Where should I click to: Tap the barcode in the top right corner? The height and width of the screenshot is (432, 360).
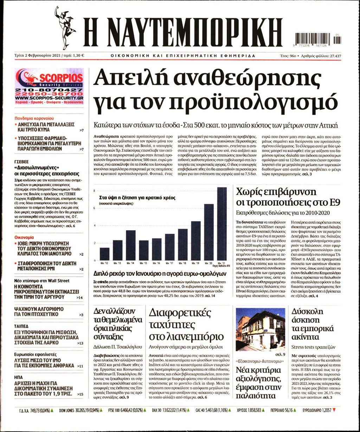click(x=318, y=38)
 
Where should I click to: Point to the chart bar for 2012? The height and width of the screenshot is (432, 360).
click(x=104, y=254)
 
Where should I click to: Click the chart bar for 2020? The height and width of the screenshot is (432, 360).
click(x=209, y=232)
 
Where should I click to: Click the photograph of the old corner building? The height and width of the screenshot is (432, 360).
click(x=261, y=329)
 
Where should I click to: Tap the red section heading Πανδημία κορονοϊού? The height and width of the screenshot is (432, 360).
click(x=34, y=118)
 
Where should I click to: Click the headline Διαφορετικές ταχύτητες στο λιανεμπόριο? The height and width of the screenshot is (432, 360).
click(x=186, y=325)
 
